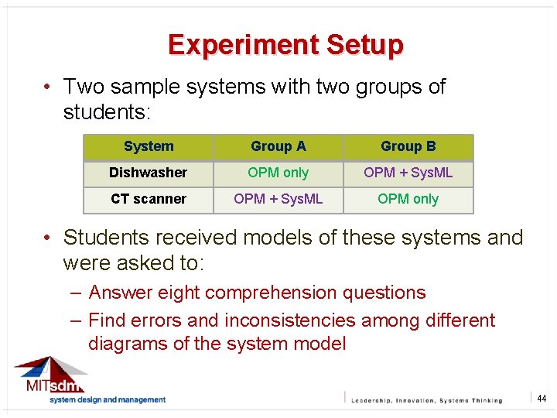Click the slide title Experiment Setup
click(x=285, y=45)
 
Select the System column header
click(x=149, y=146)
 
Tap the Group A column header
click(x=278, y=146)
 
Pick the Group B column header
click(x=408, y=146)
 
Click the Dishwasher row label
click(x=149, y=173)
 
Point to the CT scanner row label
click(x=149, y=199)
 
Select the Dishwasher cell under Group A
click(x=278, y=173)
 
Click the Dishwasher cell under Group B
click(x=408, y=173)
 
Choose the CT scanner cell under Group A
click(x=278, y=199)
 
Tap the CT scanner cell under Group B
click(x=408, y=199)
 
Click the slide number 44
click(x=542, y=399)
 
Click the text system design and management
click(x=108, y=400)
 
